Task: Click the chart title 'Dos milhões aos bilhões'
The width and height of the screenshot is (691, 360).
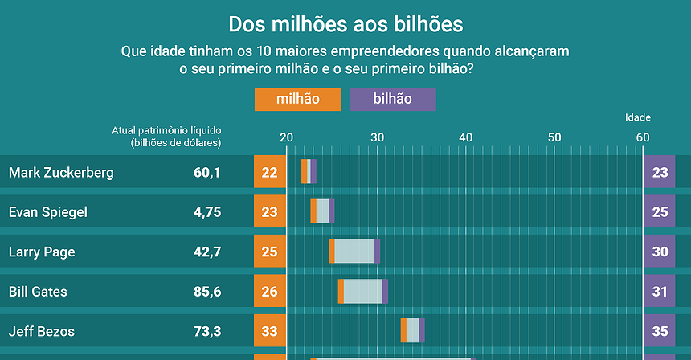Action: [x=345, y=23]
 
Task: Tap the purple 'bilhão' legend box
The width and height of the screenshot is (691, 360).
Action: [x=392, y=99]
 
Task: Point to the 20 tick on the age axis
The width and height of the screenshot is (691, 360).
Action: [x=287, y=137]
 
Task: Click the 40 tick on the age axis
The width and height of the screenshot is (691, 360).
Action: [x=465, y=137]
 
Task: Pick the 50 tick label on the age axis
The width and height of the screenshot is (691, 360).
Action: [x=554, y=137]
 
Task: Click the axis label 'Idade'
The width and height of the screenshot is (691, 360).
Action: [x=638, y=117]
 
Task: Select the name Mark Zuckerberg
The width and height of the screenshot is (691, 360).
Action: [x=61, y=172]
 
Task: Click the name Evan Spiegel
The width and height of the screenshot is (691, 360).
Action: [x=47, y=212]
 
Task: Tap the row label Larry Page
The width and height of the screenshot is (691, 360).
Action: [x=42, y=252]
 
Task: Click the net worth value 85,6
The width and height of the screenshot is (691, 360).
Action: [x=207, y=292]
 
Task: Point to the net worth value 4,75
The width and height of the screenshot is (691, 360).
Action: [x=207, y=212]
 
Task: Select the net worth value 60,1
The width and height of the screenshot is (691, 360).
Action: [x=207, y=172]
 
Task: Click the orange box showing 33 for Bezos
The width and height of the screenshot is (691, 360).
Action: [x=270, y=330]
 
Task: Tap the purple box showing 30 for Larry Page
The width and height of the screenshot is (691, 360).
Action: [x=659, y=252]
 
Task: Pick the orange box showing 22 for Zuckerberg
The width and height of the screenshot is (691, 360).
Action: [x=270, y=172]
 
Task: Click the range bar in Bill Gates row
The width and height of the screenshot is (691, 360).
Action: [x=363, y=291]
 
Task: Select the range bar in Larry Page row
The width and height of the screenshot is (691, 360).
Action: [x=354, y=252]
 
